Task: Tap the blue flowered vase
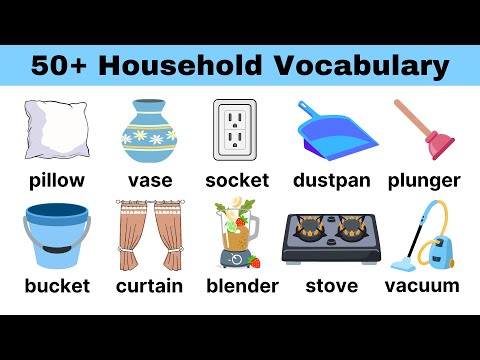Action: (150, 131)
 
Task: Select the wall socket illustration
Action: (237, 129)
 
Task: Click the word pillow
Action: (56, 181)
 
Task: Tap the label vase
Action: (150, 181)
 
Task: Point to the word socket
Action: (237, 181)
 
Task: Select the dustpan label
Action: (332, 181)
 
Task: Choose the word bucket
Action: (56, 287)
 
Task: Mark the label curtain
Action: (149, 287)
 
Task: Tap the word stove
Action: (331, 287)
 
